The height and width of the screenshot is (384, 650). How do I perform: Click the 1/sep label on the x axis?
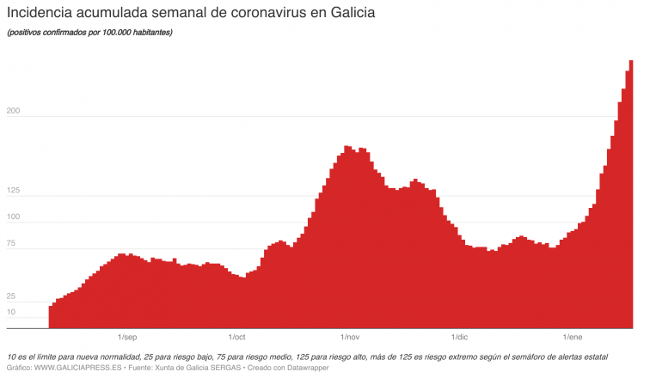(x=126, y=337)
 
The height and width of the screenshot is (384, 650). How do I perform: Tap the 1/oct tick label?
(x=236, y=337)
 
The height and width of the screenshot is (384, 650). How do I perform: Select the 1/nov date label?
(x=350, y=337)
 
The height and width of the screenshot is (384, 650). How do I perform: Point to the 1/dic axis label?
(x=460, y=337)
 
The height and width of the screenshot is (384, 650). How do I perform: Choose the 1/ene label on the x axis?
(x=573, y=337)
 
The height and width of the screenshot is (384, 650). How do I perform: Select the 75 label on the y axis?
(x=12, y=244)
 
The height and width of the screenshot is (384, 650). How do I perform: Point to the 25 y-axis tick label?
(x=12, y=296)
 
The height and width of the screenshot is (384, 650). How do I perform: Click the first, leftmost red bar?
(x=51, y=316)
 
